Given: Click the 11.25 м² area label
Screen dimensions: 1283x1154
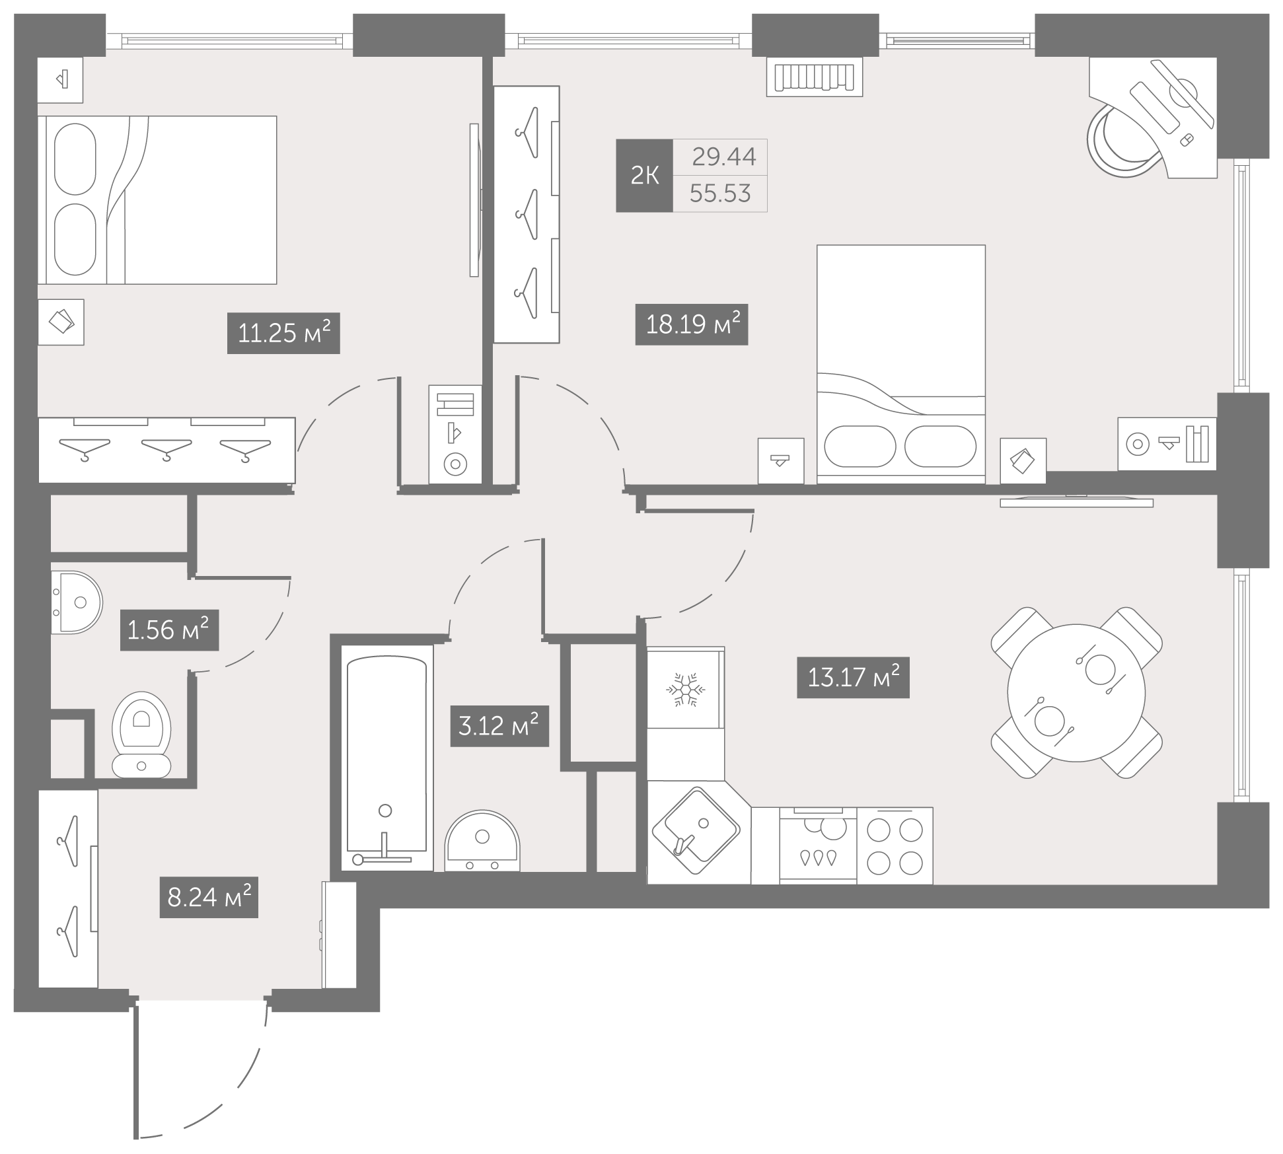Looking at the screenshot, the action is pos(283,333).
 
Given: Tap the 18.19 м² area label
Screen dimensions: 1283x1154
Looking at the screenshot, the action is pos(692,324).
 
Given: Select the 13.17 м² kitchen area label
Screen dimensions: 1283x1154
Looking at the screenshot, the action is pos(853,677).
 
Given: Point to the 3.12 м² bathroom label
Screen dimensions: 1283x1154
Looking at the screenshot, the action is pos(499,726).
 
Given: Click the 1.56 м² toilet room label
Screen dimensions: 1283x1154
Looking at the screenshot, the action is pos(169,630).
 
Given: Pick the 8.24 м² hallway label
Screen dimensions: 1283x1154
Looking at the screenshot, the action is pos(209,898).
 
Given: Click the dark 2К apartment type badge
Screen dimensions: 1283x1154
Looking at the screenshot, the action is pos(644,176).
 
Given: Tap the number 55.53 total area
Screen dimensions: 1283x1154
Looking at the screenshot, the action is pos(720,194).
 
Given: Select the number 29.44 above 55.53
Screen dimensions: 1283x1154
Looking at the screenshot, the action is pos(724,157).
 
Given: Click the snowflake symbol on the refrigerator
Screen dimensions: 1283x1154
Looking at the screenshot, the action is pos(686,690).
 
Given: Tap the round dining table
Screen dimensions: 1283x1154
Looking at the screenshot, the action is pos(1076,693).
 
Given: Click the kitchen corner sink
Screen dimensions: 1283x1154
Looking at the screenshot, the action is pos(695,830).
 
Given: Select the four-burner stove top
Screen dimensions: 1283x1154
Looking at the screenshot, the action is pos(895,846).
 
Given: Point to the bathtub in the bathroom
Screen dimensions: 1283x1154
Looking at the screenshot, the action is pos(386,758).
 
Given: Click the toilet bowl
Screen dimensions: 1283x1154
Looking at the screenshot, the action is pos(141,733).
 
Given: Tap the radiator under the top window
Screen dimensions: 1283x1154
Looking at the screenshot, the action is pos(815,77).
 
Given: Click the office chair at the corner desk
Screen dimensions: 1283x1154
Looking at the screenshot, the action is pos(1124,140).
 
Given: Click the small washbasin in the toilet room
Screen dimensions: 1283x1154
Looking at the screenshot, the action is pos(77,602).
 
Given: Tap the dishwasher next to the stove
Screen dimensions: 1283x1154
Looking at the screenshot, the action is pos(818,846).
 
